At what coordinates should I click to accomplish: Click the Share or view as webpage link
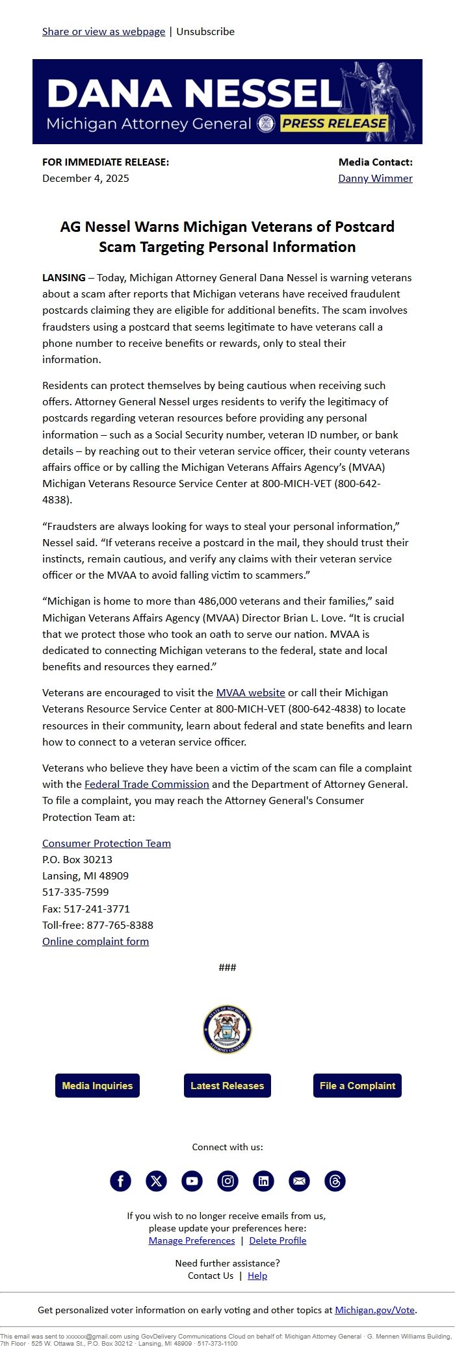tap(103, 31)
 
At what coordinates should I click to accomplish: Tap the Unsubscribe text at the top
tap(205, 31)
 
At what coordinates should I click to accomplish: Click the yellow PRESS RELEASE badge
tap(334, 123)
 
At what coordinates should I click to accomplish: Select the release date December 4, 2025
tap(86, 178)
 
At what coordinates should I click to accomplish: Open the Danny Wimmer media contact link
tap(375, 178)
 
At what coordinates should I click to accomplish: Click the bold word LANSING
tap(64, 277)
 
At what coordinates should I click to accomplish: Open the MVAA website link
tap(250, 692)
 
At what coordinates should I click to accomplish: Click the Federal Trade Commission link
tap(147, 784)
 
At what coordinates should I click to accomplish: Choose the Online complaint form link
tap(96, 941)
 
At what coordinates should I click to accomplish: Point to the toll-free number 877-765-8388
tap(120, 925)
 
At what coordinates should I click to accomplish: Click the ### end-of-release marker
tap(227, 967)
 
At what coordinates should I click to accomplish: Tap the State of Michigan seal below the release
tap(227, 1029)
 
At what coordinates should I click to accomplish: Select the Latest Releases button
tap(227, 1085)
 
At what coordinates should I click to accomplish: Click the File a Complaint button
tap(357, 1085)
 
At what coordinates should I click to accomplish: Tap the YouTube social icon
tap(192, 1181)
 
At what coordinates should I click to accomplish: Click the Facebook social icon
tap(120, 1181)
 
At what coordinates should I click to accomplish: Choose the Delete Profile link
tap(278, 1240)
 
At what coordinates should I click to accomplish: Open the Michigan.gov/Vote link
tap(374, 1310)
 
